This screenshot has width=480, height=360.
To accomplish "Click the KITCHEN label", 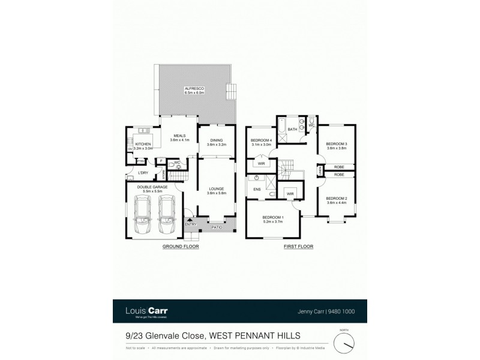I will tap(143, 144).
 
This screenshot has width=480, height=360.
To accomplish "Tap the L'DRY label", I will tap(143, 173).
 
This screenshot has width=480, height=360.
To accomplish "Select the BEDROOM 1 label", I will tap(272, 218).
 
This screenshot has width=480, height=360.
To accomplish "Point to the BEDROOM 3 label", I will tap(337, 143).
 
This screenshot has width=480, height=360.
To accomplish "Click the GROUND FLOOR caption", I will tap(181, 247).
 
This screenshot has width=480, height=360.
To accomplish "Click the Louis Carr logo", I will tap(145, 311).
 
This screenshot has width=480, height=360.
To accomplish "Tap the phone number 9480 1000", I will tap(337, 311).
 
